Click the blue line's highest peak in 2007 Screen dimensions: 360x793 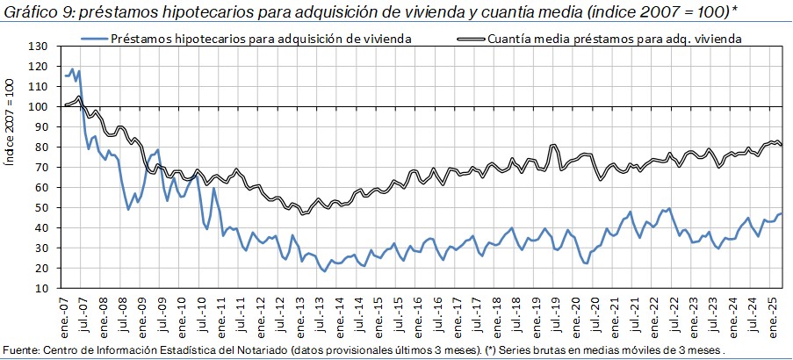point(72,68)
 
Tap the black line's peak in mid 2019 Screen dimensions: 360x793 point(553,145)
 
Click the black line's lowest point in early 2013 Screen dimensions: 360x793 point(304,213)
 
